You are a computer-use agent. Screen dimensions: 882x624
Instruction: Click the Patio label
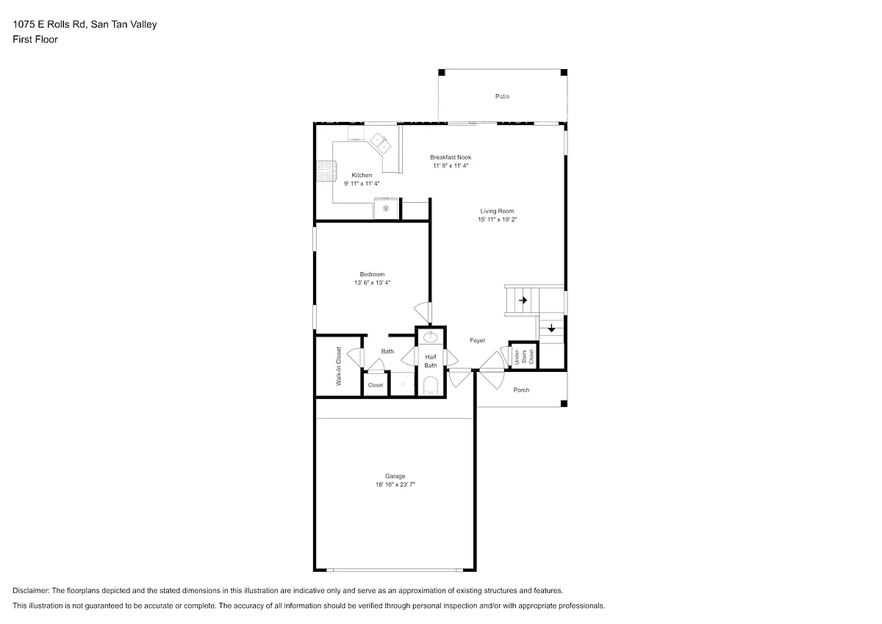coord(502,96)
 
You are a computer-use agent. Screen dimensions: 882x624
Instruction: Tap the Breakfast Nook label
coord(451,157)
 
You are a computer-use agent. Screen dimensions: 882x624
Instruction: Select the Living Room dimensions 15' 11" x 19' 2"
coord(498,220)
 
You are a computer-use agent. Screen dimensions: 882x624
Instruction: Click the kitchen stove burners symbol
coord(326,171)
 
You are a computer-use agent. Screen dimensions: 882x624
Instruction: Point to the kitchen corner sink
coord(381,143)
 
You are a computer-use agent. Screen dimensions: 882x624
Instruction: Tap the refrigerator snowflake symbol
coord(386,208)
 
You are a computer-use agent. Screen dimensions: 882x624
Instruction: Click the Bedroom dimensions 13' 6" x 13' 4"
coord(372,283)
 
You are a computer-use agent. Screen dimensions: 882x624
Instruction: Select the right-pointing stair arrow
coord(523,301)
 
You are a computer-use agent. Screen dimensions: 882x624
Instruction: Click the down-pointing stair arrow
coord(551,328)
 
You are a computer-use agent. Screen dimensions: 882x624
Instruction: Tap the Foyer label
coord(477,340)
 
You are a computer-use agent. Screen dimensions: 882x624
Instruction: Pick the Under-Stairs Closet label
coord(524,356)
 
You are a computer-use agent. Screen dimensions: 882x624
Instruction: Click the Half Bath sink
coord(431,337)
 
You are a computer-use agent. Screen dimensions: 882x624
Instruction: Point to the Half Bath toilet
coord(431,385)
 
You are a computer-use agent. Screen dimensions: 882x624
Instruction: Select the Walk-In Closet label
coord(339,366)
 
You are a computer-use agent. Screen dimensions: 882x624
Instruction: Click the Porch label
coord(521,390)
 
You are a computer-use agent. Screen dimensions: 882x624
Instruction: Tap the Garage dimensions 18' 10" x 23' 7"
coord(395,484)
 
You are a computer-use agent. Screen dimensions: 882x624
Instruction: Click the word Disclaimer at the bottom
coord(31,590)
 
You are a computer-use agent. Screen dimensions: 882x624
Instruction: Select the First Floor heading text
coord(35,40)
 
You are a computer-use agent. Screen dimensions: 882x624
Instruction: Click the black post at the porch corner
coord(564,404)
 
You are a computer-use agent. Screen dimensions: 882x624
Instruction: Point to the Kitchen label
coord(362,175)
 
